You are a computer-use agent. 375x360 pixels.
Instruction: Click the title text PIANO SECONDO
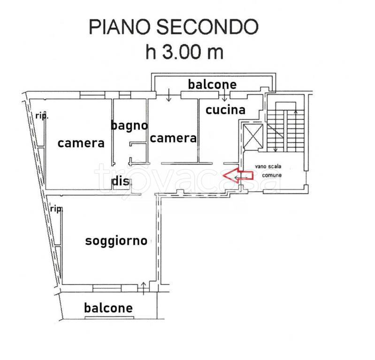(x=174, y=27)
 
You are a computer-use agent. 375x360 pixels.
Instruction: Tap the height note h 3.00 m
(x=184, y=52)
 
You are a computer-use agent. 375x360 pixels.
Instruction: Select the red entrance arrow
(x=238, y=176)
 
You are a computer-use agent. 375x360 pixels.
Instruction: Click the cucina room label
(x=225, y=110)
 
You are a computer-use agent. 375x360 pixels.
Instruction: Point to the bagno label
(x=130, y=126)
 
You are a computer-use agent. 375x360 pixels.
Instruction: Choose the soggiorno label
(x=116, y=241)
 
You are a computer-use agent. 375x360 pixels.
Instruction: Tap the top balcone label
(x=212, y=84)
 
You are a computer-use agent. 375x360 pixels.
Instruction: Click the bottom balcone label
(x=108, y=308)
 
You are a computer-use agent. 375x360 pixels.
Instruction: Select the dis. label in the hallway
(x=121, y=181)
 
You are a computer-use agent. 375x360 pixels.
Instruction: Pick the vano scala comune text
(x=268, y=171)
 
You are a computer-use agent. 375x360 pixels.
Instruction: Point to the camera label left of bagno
(x=81, y=143)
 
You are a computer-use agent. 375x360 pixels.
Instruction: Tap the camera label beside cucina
(x=173, y=138)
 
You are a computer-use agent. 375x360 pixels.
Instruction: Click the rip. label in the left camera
(x=42, y=116)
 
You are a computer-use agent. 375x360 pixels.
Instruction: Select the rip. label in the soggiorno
(x=56, y=209)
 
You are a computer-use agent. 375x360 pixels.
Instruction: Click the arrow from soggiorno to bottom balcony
(x=144, y=288)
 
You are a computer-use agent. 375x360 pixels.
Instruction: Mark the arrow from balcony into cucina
(x=224, y=95)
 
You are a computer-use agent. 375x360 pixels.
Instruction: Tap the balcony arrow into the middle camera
(x=169, y=95)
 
